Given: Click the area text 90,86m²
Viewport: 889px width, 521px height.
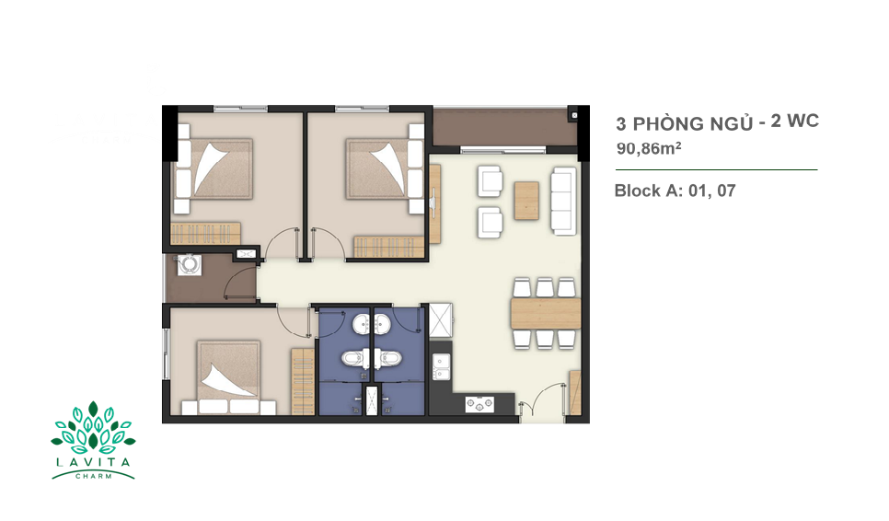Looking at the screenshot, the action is (649, 148).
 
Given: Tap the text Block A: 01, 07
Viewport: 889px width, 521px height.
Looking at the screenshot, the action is (675, 191).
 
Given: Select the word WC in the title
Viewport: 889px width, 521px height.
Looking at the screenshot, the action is (802, 121).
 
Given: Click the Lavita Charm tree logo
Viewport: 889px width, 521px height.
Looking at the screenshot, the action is (93, 440).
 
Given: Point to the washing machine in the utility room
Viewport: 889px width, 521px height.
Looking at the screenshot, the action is (189, 264).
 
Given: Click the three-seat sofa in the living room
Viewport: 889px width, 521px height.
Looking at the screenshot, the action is (563, 201).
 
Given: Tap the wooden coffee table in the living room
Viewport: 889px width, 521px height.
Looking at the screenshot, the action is (526, 200).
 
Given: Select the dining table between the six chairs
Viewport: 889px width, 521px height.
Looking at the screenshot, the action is (546, 314).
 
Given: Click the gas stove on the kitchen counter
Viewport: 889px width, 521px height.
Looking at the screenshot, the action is (479, 404).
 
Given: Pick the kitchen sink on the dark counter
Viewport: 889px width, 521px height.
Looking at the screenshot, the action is (441, 366).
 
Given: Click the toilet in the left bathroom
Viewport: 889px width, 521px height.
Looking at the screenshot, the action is (354, 358).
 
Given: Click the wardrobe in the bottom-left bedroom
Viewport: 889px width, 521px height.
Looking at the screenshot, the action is (303, 381).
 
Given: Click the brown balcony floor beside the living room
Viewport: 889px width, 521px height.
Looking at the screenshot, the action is (505, 128).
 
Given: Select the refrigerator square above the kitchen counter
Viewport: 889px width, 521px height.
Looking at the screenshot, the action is (441, 320).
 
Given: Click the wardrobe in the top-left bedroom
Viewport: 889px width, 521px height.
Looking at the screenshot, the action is (205, 233).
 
